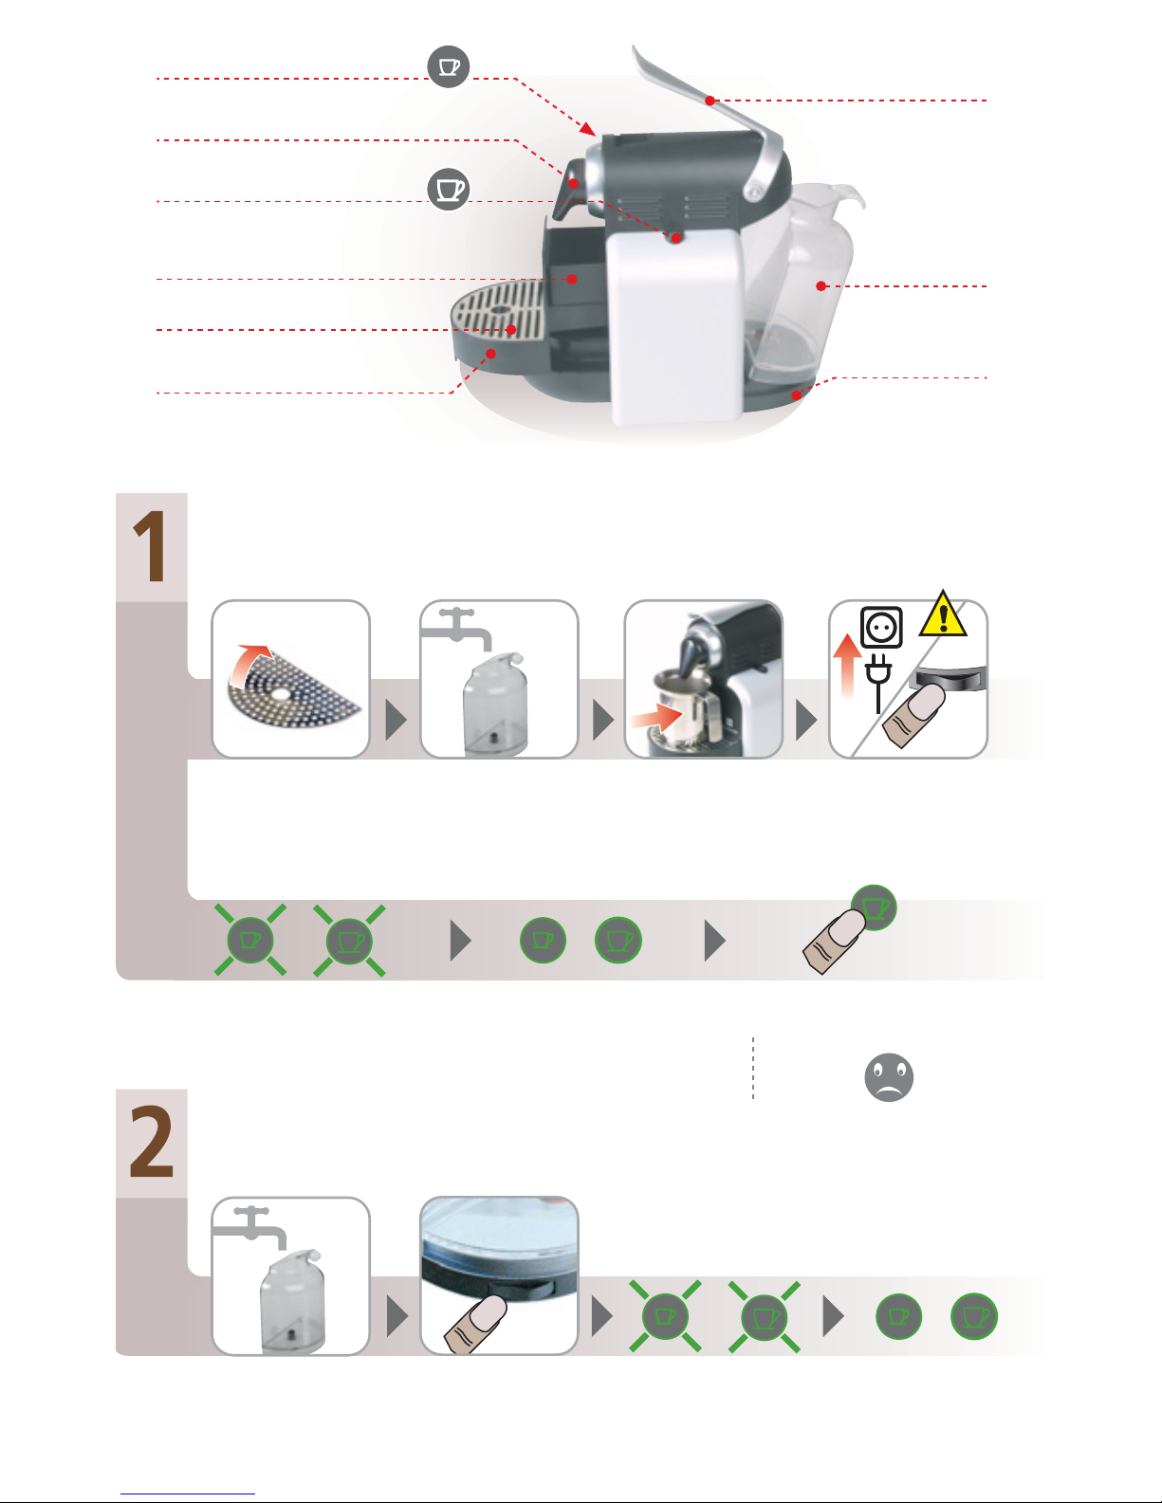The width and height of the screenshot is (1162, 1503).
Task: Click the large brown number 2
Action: point(152,1144)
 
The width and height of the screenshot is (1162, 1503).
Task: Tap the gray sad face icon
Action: point(889,1077)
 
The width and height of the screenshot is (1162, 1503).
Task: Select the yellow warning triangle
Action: point(942,614)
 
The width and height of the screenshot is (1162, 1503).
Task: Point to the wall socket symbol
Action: point(881,628)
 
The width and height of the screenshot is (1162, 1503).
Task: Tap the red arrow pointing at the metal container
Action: point(654,719)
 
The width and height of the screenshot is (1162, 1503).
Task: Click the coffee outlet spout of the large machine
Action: point(565,193)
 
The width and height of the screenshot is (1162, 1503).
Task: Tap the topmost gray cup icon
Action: point(448,66)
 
